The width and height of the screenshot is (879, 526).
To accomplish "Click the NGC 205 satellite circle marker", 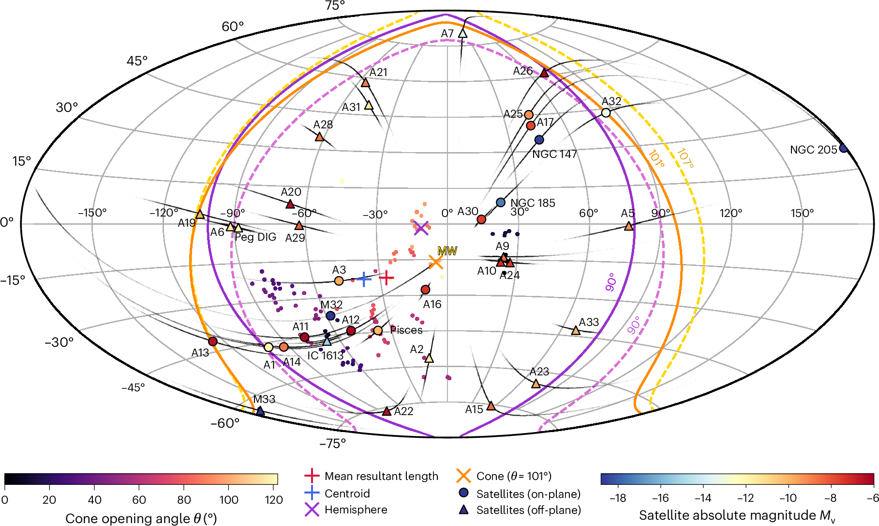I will click(x=844, y=148).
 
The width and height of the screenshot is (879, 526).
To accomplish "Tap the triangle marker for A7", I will click(x=462, y=33).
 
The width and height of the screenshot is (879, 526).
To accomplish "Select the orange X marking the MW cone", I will click(x=436, y=262).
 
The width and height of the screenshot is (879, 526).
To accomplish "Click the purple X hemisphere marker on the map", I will click(x=421, y=228).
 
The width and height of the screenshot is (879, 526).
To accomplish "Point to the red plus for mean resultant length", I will click(x=386, y=278).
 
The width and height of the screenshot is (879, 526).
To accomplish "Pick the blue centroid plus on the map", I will click(x=364, y=279).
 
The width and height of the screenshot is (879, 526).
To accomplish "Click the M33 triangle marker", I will click(x=260, y=411).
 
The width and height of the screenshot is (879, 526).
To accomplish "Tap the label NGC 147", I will click(x=554, y=155).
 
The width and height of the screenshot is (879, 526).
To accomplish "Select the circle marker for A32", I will click(x=606, y=113).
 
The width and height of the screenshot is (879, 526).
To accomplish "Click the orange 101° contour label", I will click(x=656, y=158).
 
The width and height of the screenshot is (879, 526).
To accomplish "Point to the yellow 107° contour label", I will click(x=685, y=158).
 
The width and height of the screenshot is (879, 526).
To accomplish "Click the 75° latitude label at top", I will click(x=335, y=6).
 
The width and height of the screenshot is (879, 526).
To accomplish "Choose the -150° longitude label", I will click(x=92, y=213).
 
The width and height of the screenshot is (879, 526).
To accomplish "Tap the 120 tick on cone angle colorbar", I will click(x=274, y=500).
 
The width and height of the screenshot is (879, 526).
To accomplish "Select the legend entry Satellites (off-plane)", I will click(x=528, y=510).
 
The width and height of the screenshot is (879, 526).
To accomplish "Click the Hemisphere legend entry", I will click(x=356, y=510).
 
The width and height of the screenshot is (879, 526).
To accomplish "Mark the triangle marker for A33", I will click(x=576, y=330).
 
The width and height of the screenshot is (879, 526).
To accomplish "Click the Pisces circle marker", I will click(x=378, y=330).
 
